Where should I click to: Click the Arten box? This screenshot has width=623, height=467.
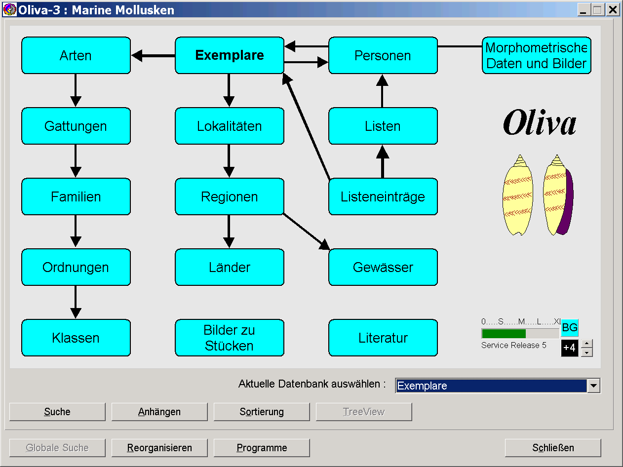[76, 55]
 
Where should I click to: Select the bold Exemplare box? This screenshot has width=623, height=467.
[230, 55]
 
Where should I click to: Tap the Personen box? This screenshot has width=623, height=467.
[383, 55]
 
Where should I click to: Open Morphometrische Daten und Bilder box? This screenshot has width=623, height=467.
[537, 55]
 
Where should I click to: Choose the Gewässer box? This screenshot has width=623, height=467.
[383, 267]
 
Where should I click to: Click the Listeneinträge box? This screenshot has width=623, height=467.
[383, 196]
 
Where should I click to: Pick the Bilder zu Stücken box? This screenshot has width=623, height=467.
[230, 338]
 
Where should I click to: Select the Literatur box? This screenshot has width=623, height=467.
[383, 338]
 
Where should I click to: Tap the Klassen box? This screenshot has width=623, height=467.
[76, 338]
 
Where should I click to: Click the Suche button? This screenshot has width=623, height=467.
[57, 412]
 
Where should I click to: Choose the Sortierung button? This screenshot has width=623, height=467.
[262, 412]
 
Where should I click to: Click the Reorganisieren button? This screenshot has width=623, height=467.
[159, 448]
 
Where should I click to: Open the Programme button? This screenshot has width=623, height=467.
[262, 448]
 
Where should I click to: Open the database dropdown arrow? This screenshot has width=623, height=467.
[594, 386]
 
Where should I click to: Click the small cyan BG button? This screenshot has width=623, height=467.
[570, 328]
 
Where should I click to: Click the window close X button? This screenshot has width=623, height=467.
[613, 9]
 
